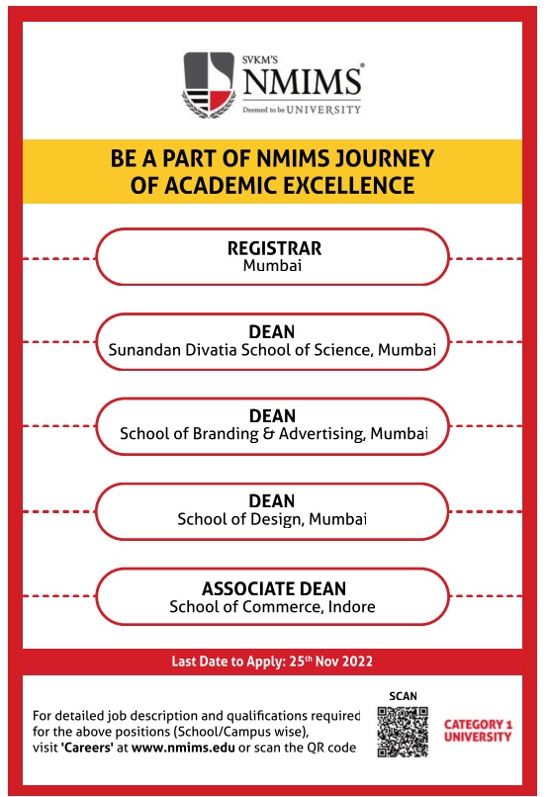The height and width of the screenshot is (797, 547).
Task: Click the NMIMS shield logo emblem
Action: pos(209,85)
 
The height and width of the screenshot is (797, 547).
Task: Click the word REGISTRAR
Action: pos(274,247)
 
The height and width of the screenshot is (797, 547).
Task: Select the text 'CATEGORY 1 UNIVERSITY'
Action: pos(478,731)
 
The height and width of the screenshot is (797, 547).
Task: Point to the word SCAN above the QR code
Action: pos(403,696)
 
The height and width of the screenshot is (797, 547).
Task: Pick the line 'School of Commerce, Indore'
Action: pos(273,606)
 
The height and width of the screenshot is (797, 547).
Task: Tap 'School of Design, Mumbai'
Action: pos(272,519)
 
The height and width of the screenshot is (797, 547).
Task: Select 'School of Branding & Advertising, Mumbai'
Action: pos(273,433)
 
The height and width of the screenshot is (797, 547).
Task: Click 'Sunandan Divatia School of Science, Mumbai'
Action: pos(273,349)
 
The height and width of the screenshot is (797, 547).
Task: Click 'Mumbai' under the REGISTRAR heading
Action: pos(273,265)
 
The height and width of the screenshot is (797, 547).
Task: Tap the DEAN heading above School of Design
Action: pos(273,501)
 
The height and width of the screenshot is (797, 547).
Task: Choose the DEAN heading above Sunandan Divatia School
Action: pos(273,331)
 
